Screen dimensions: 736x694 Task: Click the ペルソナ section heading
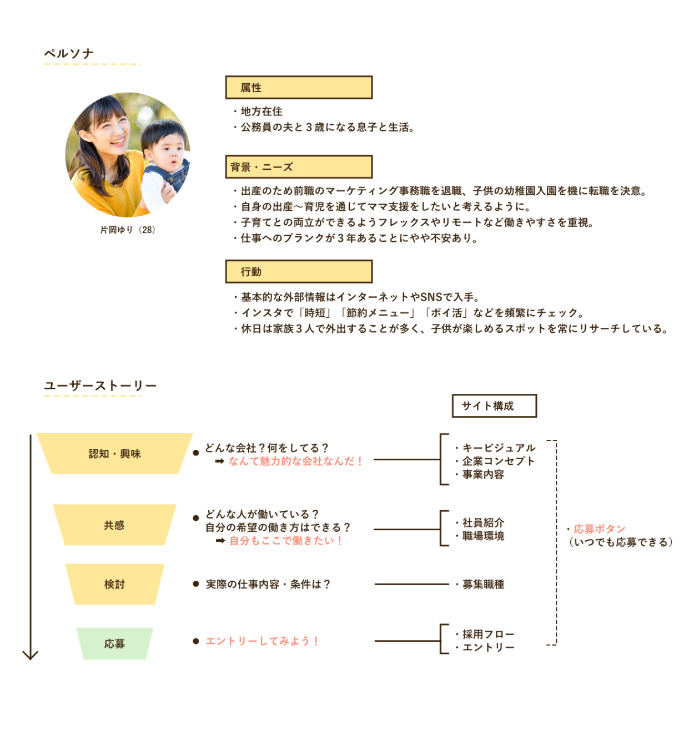tap(69, 54)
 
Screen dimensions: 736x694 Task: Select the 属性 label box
tap(299, 88)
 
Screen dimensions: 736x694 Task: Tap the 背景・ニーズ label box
tap(299, 167)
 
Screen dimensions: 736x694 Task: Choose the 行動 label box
tap(299, 272)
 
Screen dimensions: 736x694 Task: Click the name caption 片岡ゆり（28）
tap(128, 230)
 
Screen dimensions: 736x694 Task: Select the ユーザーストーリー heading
tap(100, 385)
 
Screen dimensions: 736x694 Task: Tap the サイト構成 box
tap(494, 406)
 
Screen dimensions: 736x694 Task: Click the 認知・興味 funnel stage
tap(115, 454)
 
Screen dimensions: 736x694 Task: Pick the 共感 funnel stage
tap(114, 525)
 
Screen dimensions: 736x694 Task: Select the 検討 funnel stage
tap(115, 585)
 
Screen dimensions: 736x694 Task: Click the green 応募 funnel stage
tap(114, 644)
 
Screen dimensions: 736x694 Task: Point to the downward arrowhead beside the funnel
tap(31, 655)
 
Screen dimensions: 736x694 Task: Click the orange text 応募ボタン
tap(600, 529)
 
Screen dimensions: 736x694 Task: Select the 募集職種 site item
tap(483, 585)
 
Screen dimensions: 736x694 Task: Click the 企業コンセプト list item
tap(498, 461)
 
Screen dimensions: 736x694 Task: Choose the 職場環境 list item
tap(483, 536)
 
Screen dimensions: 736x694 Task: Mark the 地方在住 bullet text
tap(261, 111)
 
